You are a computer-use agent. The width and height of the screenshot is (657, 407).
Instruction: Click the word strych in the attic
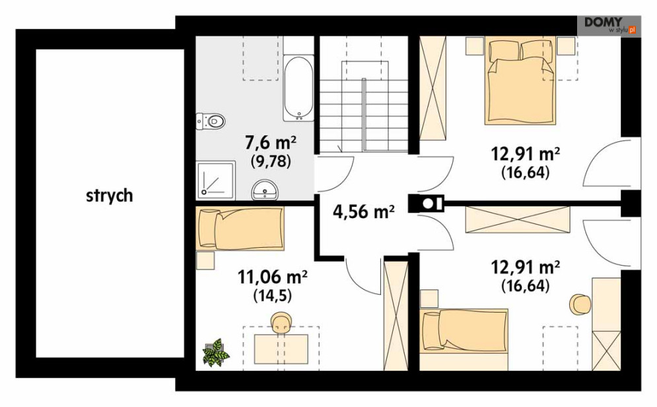click(110, 196)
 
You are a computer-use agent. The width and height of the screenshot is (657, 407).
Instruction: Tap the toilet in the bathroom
click(211, 122)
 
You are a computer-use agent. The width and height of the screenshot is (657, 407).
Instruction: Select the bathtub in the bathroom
click(298, 88)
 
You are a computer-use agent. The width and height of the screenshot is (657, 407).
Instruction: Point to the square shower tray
click(216, 180)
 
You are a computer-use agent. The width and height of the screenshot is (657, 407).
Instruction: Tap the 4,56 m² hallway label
click(364, 211)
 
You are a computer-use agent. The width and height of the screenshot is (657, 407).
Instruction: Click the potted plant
click(216, 353)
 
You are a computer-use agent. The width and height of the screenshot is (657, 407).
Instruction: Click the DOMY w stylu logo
click(609, 25)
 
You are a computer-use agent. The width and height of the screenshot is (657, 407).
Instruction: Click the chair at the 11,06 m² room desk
click(281, 323)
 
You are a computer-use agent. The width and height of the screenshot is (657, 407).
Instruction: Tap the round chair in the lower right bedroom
click(580, 305)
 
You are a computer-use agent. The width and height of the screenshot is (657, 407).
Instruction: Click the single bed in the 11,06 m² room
click(240, 229)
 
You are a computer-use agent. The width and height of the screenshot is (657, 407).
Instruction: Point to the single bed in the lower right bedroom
click(464, 331)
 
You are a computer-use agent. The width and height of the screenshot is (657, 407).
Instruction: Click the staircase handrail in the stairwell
click(364, 114)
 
